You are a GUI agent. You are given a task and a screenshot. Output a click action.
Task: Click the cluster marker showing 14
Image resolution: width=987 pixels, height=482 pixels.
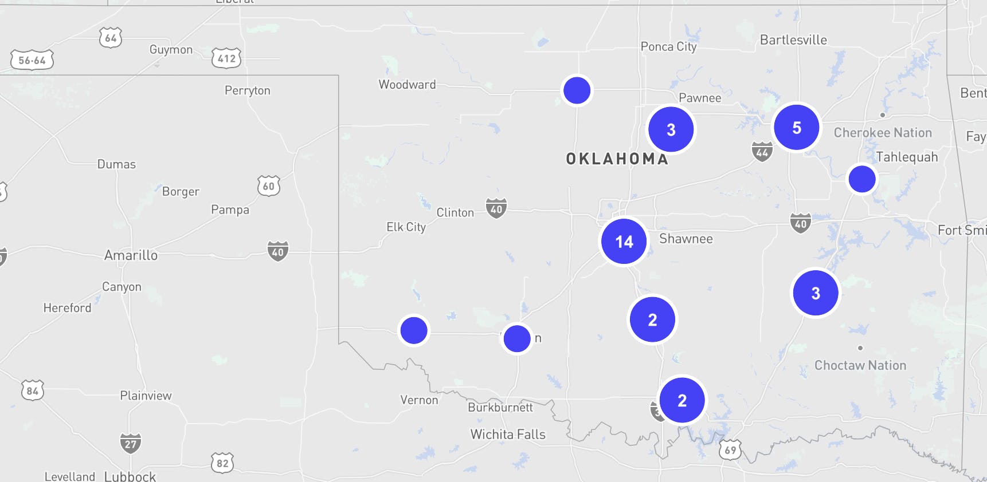click(x=624, y=242)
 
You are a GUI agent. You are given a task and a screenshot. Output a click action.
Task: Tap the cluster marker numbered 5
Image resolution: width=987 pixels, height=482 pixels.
click(x=796, y=127)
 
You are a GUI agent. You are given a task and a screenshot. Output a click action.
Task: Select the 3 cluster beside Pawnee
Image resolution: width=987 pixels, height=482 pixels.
click(x=671, y=129)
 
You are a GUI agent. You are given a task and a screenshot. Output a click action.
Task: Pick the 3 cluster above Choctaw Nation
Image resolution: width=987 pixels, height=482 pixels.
click(x=815, y=293)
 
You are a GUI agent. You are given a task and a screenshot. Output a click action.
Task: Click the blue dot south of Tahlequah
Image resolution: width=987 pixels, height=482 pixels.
click(x=861, y=179)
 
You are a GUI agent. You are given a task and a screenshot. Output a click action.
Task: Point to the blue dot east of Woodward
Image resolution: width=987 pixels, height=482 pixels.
click(x=577, y=90)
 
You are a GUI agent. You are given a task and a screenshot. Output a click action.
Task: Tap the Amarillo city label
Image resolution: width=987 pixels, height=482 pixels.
click(x=131, y=255)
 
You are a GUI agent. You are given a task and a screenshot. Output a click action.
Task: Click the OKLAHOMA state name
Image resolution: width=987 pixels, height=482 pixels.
click(x=617, y=159)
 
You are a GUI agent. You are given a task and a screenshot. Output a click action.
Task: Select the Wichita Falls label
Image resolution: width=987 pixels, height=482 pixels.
click(x=508, y=434)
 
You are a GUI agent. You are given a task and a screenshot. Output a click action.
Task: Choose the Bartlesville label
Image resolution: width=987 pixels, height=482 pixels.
click(x=793, y=40)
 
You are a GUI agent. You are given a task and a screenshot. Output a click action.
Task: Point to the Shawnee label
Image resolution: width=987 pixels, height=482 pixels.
click(x=686, y=239)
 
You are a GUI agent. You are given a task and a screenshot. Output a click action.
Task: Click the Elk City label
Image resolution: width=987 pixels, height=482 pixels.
click(x=406, y=227)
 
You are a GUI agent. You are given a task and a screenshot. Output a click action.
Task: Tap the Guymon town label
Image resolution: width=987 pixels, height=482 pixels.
click(x=171, y=50)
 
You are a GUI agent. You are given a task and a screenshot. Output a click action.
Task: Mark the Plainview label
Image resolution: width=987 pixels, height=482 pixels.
click(x=146, y=396)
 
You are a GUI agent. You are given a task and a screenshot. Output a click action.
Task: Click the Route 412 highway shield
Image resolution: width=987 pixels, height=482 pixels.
click(x=226, y=58)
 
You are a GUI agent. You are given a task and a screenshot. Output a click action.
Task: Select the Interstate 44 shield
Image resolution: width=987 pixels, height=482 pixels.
click(x=762, y=152)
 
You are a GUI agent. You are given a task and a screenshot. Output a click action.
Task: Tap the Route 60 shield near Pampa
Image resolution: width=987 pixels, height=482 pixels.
click(x=269, y=186)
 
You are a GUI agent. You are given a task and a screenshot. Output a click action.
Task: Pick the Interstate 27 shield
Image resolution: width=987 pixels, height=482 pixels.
click(x=131, y=443)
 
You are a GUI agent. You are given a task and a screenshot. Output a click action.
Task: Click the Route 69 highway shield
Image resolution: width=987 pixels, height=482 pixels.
click(x=730, y=449)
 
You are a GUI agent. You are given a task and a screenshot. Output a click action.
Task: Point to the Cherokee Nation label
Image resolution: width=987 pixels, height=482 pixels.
click(x=883, y=133)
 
